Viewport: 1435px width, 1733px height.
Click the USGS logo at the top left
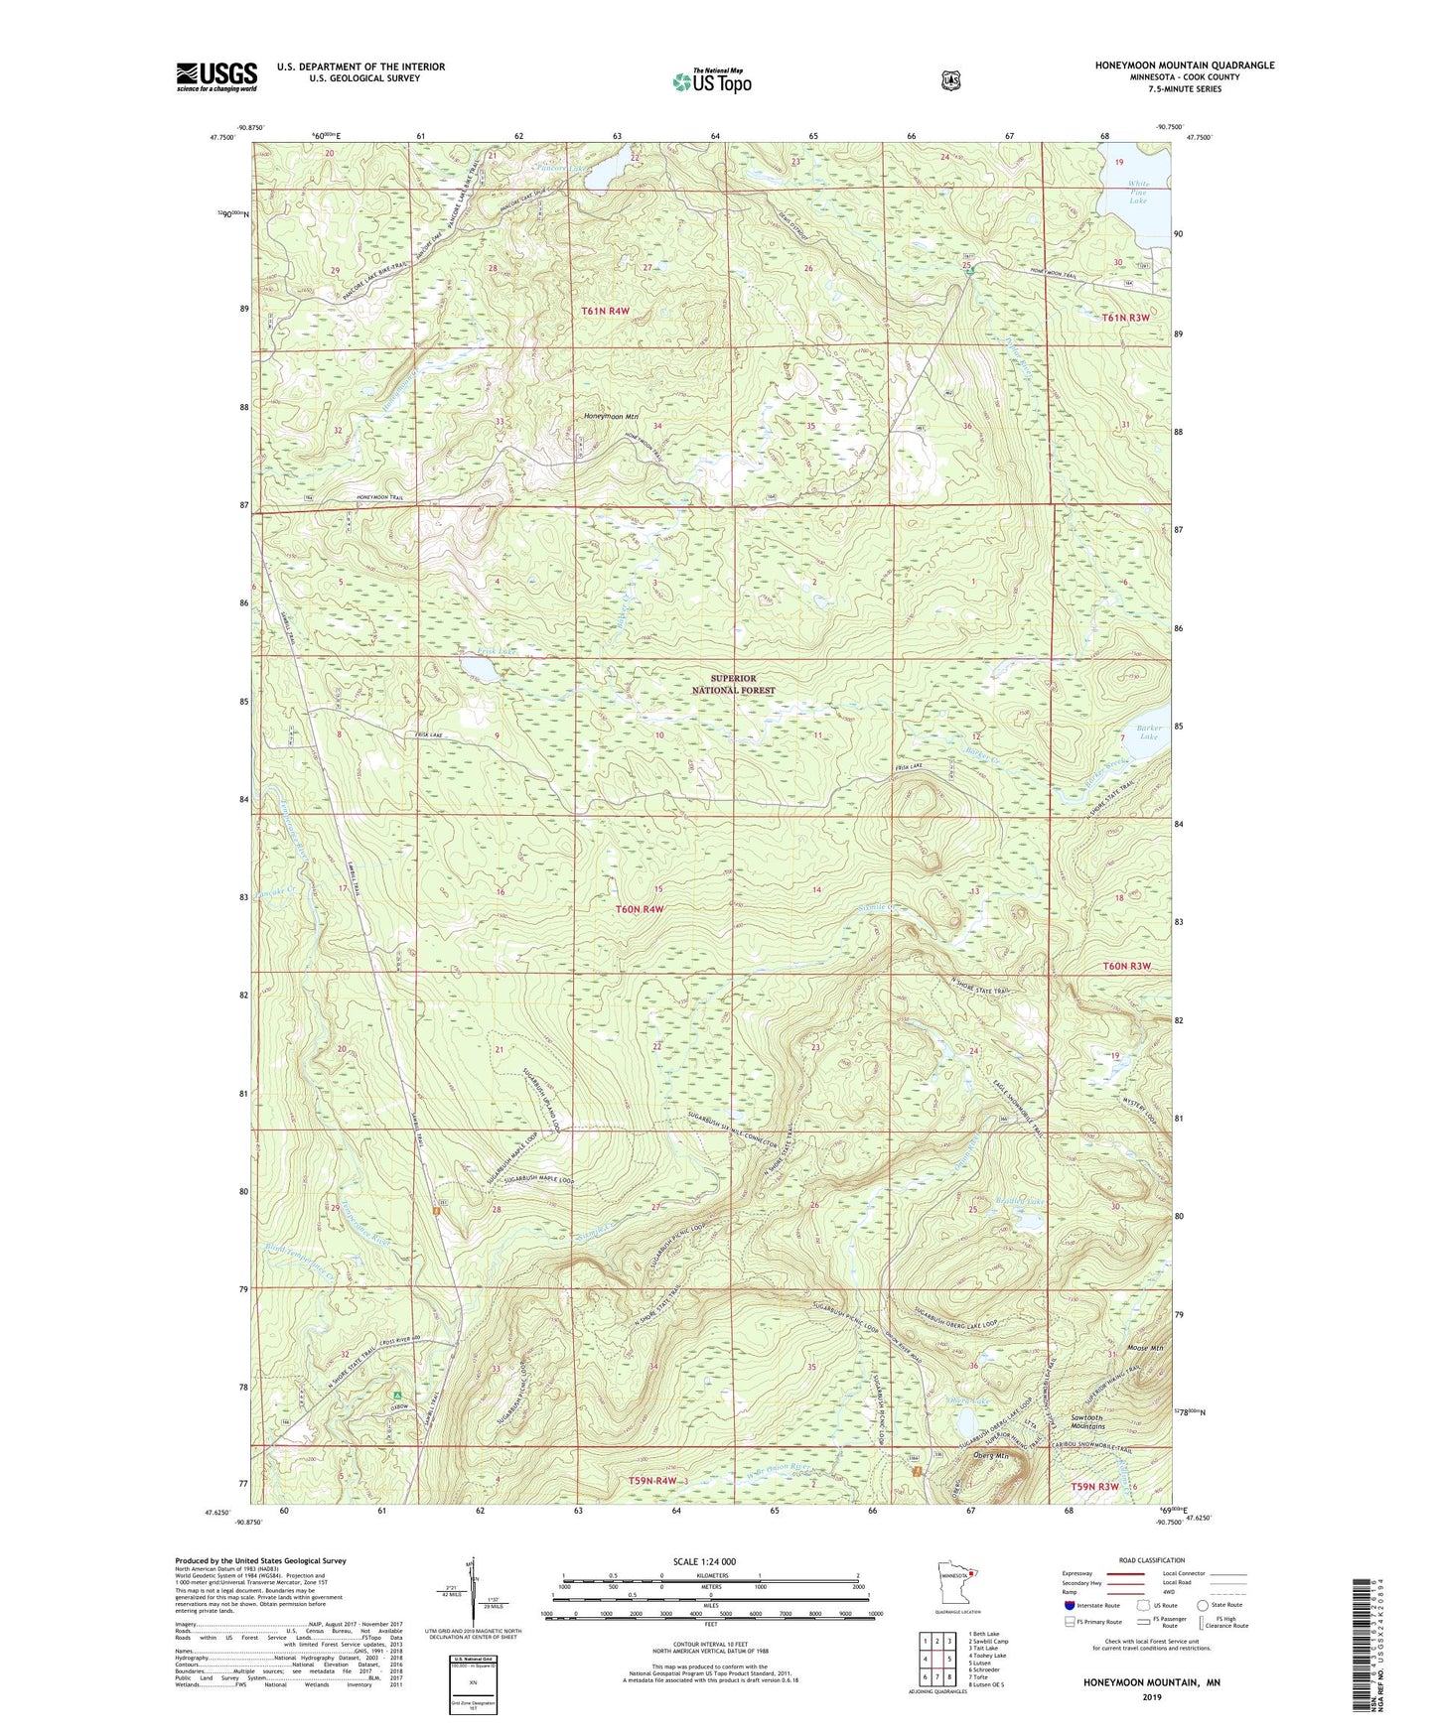[x=216, y=75]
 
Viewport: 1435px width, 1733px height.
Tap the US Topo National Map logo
[x=711, y=80]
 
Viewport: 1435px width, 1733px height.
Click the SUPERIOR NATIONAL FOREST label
[x=733, y=684]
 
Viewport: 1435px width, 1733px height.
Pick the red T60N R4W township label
[x=638, y=908]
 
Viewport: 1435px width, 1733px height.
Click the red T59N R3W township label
[x=1095, y=1486]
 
